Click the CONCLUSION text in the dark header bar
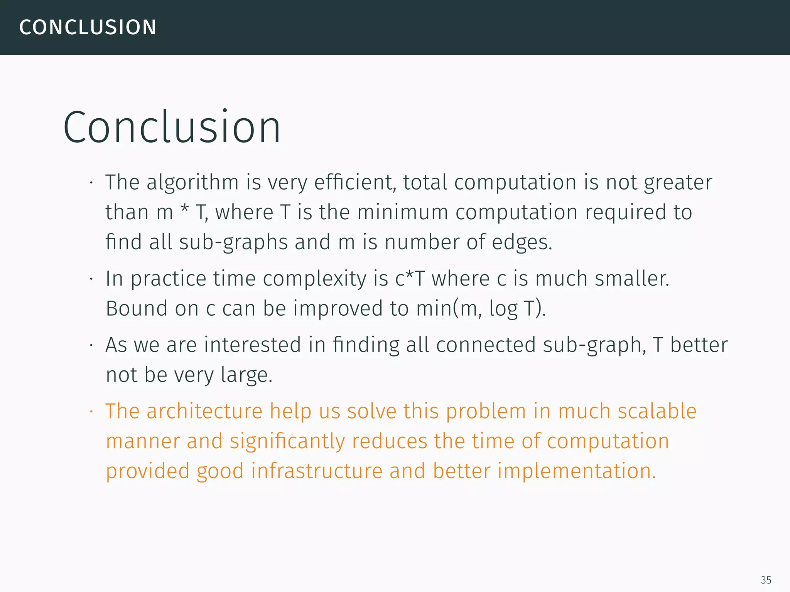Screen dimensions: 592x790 click(88, 27)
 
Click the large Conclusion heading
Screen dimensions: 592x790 click(172, 127)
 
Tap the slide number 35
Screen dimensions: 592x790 click(766, 580)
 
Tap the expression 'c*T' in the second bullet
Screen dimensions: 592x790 click(410, 278)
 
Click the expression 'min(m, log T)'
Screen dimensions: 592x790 click(481, 308)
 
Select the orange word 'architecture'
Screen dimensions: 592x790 click(204, 411)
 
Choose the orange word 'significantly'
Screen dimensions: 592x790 click(287, 441)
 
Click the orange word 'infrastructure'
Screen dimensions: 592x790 click(316, 471)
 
